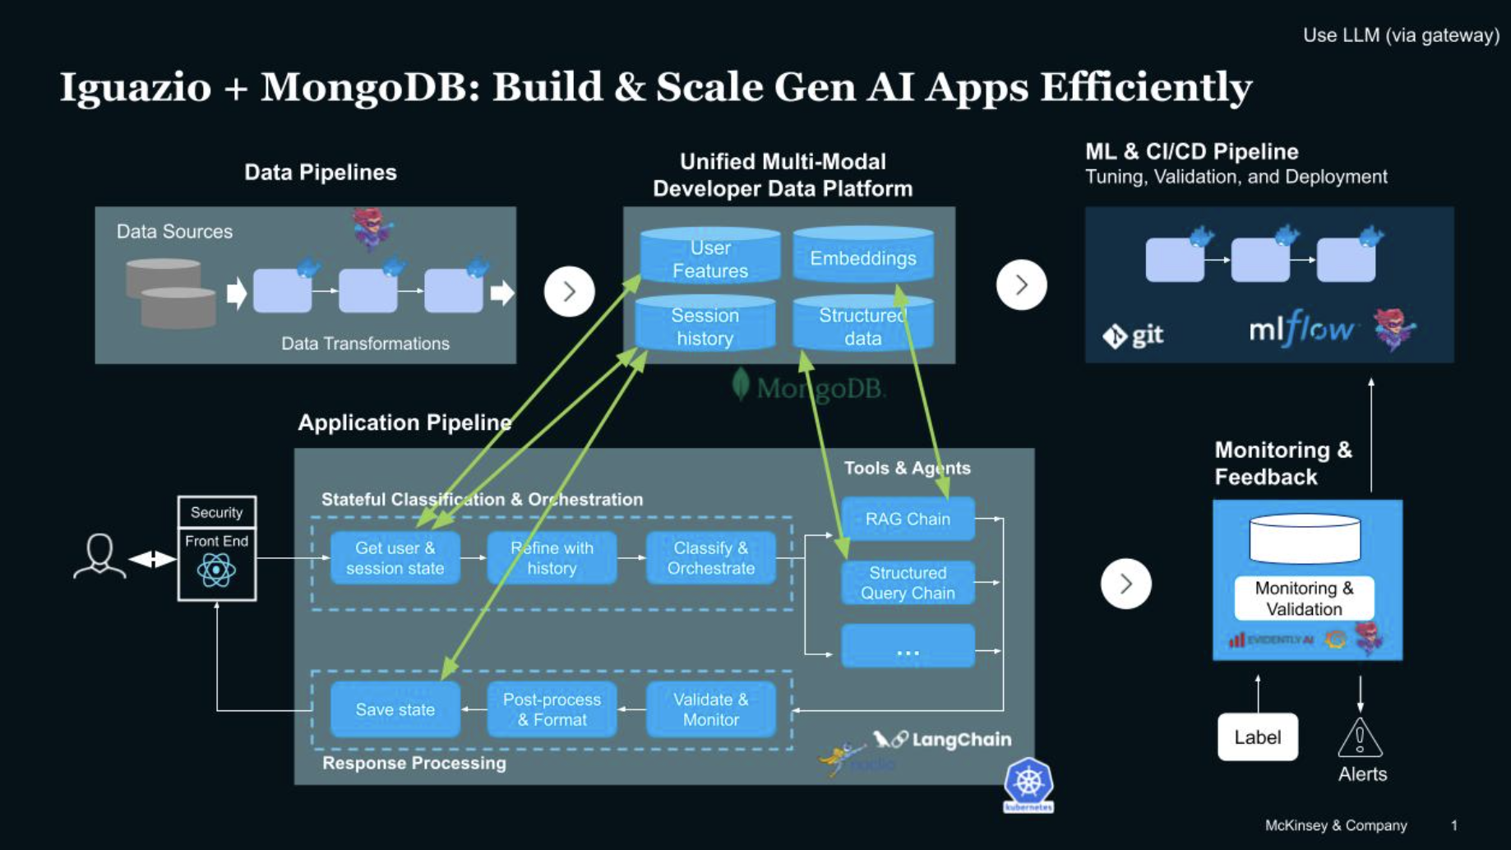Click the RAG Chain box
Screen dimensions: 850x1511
click(x=908, y=519)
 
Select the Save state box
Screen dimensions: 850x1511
click(x=395, y=709)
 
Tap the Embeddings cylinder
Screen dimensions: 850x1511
click(x=862, y=258)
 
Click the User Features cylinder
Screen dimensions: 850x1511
click(x=709, y=259)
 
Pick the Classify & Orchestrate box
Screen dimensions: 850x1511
click(x=710, y=558)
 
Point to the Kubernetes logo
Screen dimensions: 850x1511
click(x=1028, y=784)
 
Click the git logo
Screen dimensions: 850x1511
click(x=1133, y=335)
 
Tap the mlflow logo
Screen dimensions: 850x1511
click(x=1301, y=330)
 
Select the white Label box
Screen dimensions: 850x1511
click(x=1257, y=737)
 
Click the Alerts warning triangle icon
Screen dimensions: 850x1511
click(x=1360, y=737)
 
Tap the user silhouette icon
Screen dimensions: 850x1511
click(x=99, y=557)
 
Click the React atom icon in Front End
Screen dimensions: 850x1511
click(x=216, y=571)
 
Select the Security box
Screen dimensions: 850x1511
click(x=216, y=512)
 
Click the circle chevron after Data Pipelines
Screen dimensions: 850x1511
click(x=569, y=291)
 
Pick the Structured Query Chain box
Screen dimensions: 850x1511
click(x=908, y=583)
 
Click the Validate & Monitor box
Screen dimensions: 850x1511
click(x=710, y=709)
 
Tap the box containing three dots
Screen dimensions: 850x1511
click(x=908, y=646)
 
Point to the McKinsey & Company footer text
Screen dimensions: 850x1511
click(x=1335, y=825)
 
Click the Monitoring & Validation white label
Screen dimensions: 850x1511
click(x=1304, y=598)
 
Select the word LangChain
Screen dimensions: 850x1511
click(x=961, y=740)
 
